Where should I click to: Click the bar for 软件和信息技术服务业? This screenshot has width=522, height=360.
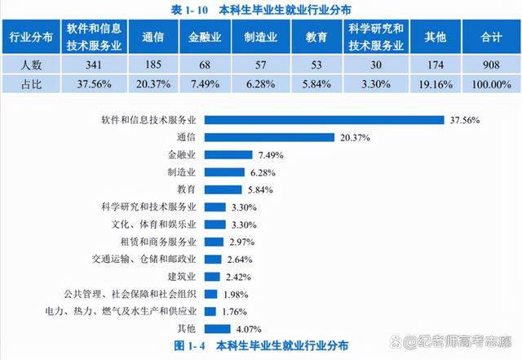click(x=324, y=120)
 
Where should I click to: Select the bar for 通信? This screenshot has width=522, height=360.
click(x=269, y=137)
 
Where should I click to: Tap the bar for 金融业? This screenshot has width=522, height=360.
click(x=228, y=154)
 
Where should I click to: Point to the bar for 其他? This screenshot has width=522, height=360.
click(x=218, y=328)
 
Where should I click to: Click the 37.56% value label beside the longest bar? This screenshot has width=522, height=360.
click(x=465, y=120)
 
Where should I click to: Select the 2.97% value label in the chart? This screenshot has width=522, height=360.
click(x=242, y=242)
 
